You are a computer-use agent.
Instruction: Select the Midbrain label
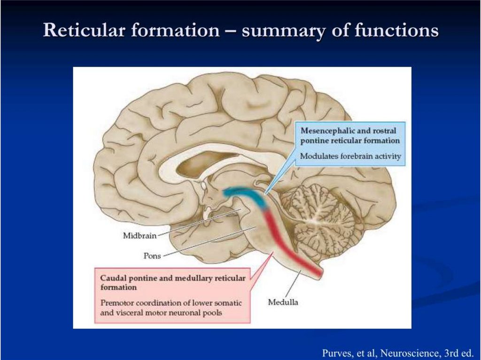pos(140,236)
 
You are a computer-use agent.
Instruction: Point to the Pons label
pos(153,256)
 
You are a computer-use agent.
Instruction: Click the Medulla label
pos(283,302)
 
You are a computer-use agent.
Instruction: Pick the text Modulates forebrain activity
pos(351,156)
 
